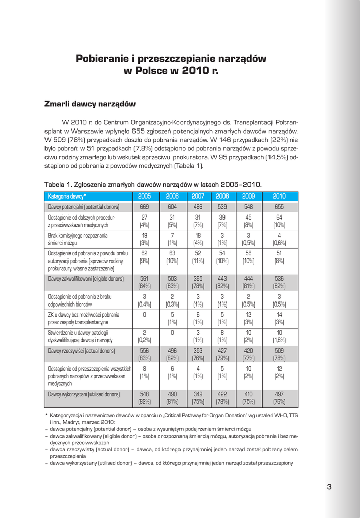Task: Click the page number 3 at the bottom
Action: tap(329, 487)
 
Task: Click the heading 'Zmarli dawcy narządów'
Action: tap(91, 104)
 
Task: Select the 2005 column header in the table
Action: tap(144, 196)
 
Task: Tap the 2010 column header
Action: tap(279, 196)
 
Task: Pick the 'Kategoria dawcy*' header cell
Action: tap(67, 196)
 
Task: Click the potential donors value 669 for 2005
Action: tap(144, 207)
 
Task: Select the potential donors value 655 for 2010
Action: tap(279, 207)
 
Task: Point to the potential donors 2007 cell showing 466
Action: tap(198, 207)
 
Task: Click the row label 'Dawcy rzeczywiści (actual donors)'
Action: tap(81, 350)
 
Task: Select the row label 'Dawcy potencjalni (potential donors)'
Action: tap(83, 207)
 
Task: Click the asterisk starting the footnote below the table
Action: tap(47, 415)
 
